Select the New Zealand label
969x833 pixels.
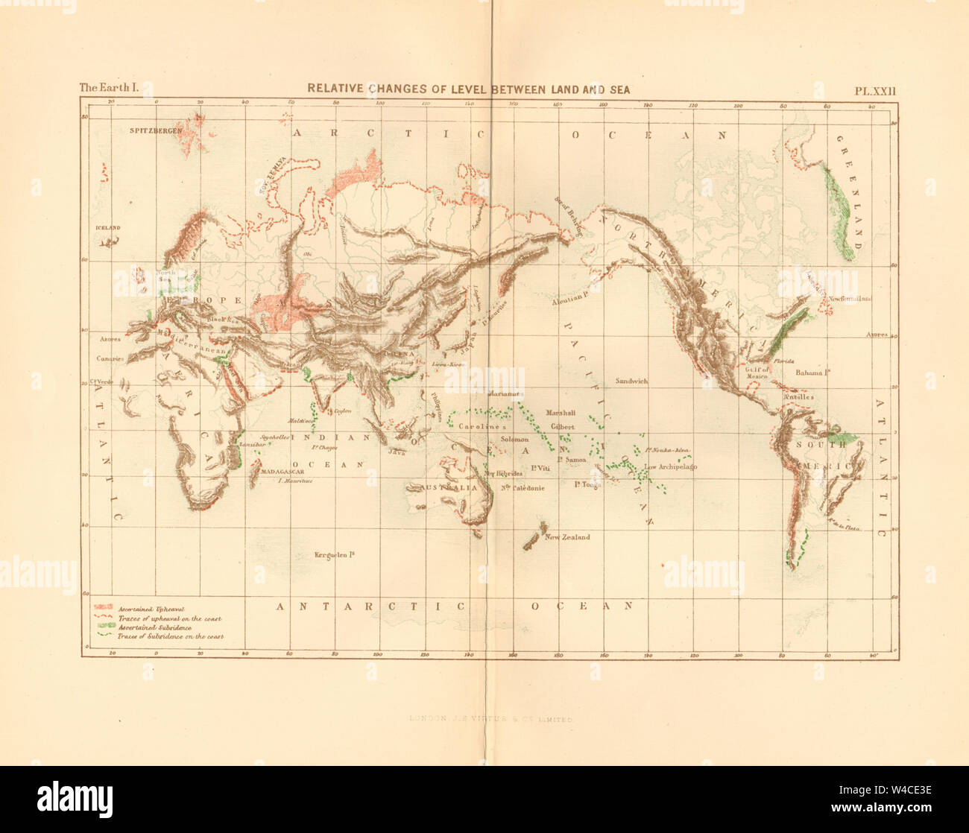tap(566, 537)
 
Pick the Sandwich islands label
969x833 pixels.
tap(631, 381)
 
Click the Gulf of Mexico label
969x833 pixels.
tap(757, 372)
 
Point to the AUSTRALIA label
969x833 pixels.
tap(441, 487)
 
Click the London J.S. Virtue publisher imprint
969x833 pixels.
tap(490, 720)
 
